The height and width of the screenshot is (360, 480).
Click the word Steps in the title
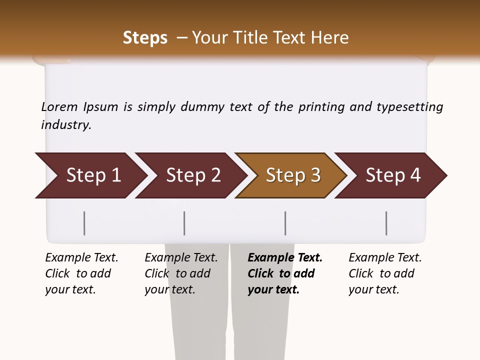pos(145,38)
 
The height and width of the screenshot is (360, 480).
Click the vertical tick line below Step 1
pos(84,223)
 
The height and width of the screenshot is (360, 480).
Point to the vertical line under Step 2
pos(184,223)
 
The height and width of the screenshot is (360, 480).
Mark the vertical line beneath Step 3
pos(285,223)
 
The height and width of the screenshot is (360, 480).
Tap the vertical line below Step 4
pos(386,223)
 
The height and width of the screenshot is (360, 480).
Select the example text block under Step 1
pos(81,273)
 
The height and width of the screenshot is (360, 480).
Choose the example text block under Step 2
pos(181,273)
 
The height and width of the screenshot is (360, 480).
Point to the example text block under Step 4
pos(385,273)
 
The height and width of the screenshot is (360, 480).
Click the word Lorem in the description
pos(59,107)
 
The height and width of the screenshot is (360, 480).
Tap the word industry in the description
pos(66,125)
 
